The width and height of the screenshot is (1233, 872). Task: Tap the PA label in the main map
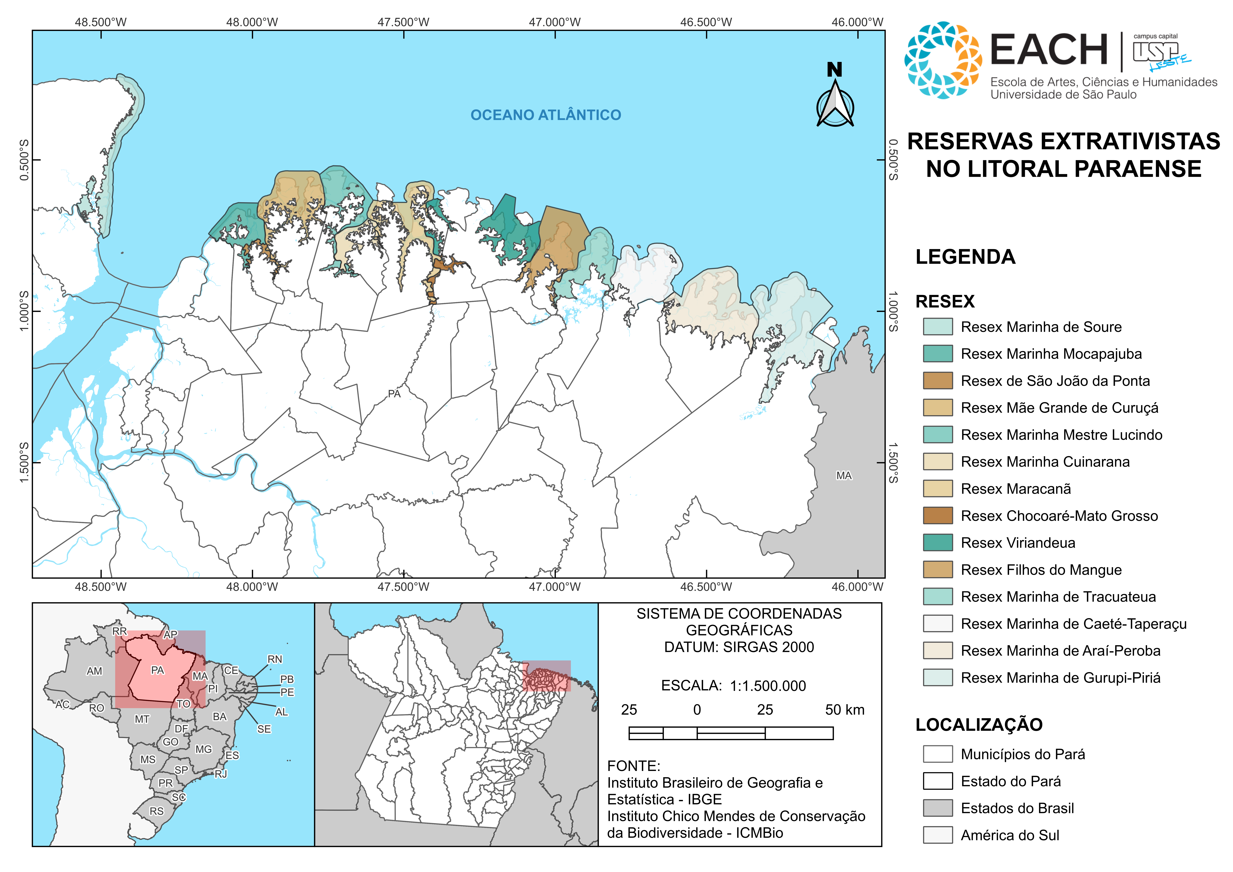394,394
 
